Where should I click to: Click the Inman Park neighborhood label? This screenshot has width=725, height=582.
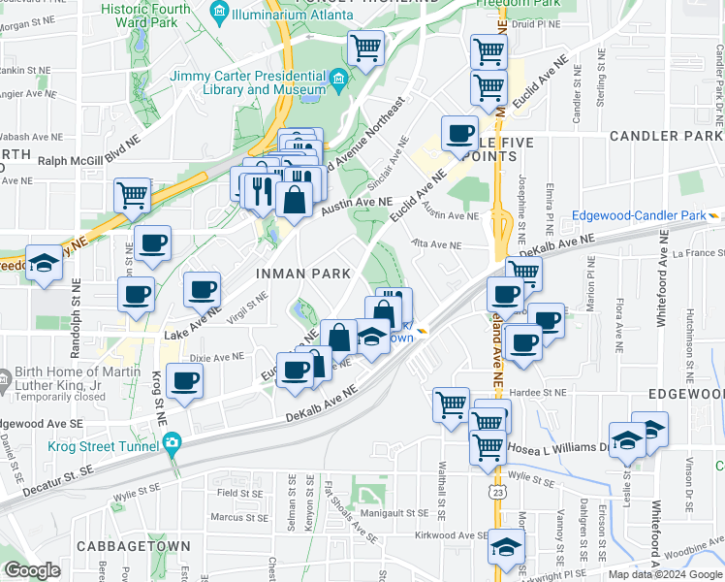point(302,274)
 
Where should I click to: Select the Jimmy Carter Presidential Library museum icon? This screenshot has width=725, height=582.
point(338,77)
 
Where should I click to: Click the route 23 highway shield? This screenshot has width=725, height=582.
point(496,494)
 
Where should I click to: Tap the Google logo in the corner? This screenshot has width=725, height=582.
point(32,570)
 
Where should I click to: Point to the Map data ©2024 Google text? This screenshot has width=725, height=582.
point(665,574)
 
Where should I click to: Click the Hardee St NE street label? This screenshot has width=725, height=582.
point(540,392)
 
